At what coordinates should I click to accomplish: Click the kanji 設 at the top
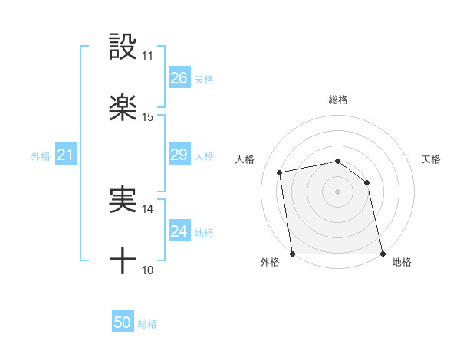tap(123, 47)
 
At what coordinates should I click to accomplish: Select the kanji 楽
tap(123, 108)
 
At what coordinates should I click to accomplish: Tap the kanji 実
tap(123, 200)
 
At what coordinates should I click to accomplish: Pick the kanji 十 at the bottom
tap(123, 261)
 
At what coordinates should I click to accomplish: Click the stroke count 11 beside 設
tap(148, 56)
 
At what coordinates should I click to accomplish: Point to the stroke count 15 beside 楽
tap(148, 117)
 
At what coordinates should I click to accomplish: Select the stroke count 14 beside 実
tap(148, 208)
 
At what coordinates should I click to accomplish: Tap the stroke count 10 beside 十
tap(148, 270)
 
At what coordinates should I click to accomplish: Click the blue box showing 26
tap(179, 78)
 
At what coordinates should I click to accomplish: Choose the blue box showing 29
tap(179, 155)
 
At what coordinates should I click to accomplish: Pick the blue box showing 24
tap(179, 231)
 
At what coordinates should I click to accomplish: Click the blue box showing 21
tap(66, 155)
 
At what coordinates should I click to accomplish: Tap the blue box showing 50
tap(123, 322)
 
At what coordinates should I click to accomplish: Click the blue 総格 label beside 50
tap(147, 324)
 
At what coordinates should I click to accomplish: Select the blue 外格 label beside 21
tap(41, 156)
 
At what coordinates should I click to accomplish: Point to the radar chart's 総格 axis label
tap(338, 100)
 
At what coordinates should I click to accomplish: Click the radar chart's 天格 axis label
tap(432, 159)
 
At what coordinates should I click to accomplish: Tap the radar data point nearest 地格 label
tap(382, 254)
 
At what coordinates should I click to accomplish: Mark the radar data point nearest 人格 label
tap(280, 172)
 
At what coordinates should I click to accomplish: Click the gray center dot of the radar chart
tap(338, 191)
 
